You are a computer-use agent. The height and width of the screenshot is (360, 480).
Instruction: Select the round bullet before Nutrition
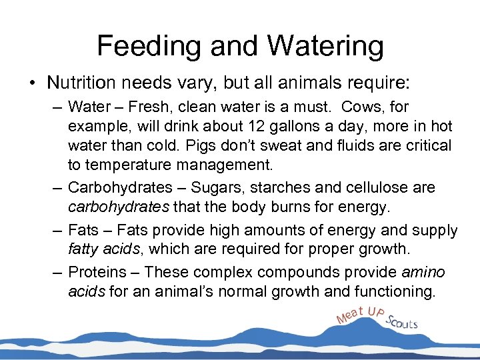coord(32,83)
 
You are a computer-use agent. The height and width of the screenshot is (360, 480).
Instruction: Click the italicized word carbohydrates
coord(118,207)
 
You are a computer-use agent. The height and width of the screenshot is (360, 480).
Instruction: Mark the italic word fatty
coord(84,251)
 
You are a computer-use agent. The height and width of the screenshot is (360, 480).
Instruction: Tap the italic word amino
coord(424,272)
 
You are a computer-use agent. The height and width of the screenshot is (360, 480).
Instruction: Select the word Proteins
coord(97,272)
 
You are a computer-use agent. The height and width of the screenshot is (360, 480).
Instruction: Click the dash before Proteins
coord(58,272)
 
